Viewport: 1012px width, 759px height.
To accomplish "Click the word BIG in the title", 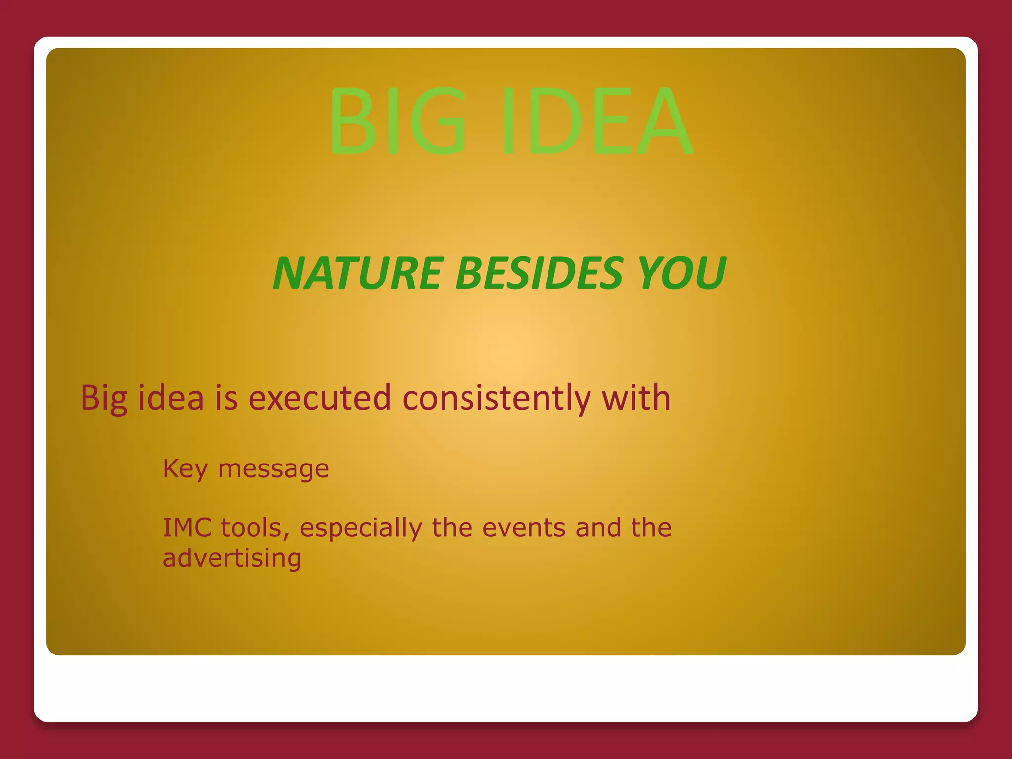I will pyautogui.click(x=398, y=121).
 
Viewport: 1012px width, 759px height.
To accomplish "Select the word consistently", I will pyautogui.click(x=496, y=398).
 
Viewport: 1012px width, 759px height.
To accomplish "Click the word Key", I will pyautogui.click(x=185, y=469).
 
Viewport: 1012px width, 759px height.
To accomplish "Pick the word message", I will pyautogui.click(x=273, y=469).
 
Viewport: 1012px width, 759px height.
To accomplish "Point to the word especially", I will pyautogui.click(x=361, y=527).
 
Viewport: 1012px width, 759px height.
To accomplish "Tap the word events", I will pyautogui.click(x=523, y=527).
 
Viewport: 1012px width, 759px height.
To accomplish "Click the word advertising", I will pyautogui.click(x=232, y=558).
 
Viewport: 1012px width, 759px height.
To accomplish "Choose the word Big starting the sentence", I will pyautogui.click(x=103, y=398).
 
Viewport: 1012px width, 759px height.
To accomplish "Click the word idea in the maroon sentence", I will pyautogui.click(x=170, y=398).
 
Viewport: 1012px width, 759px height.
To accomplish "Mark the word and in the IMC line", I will pyautogui.click(x=598, y=527).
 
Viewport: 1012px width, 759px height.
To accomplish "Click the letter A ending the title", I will pyautogui.click(x=665, y=121).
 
